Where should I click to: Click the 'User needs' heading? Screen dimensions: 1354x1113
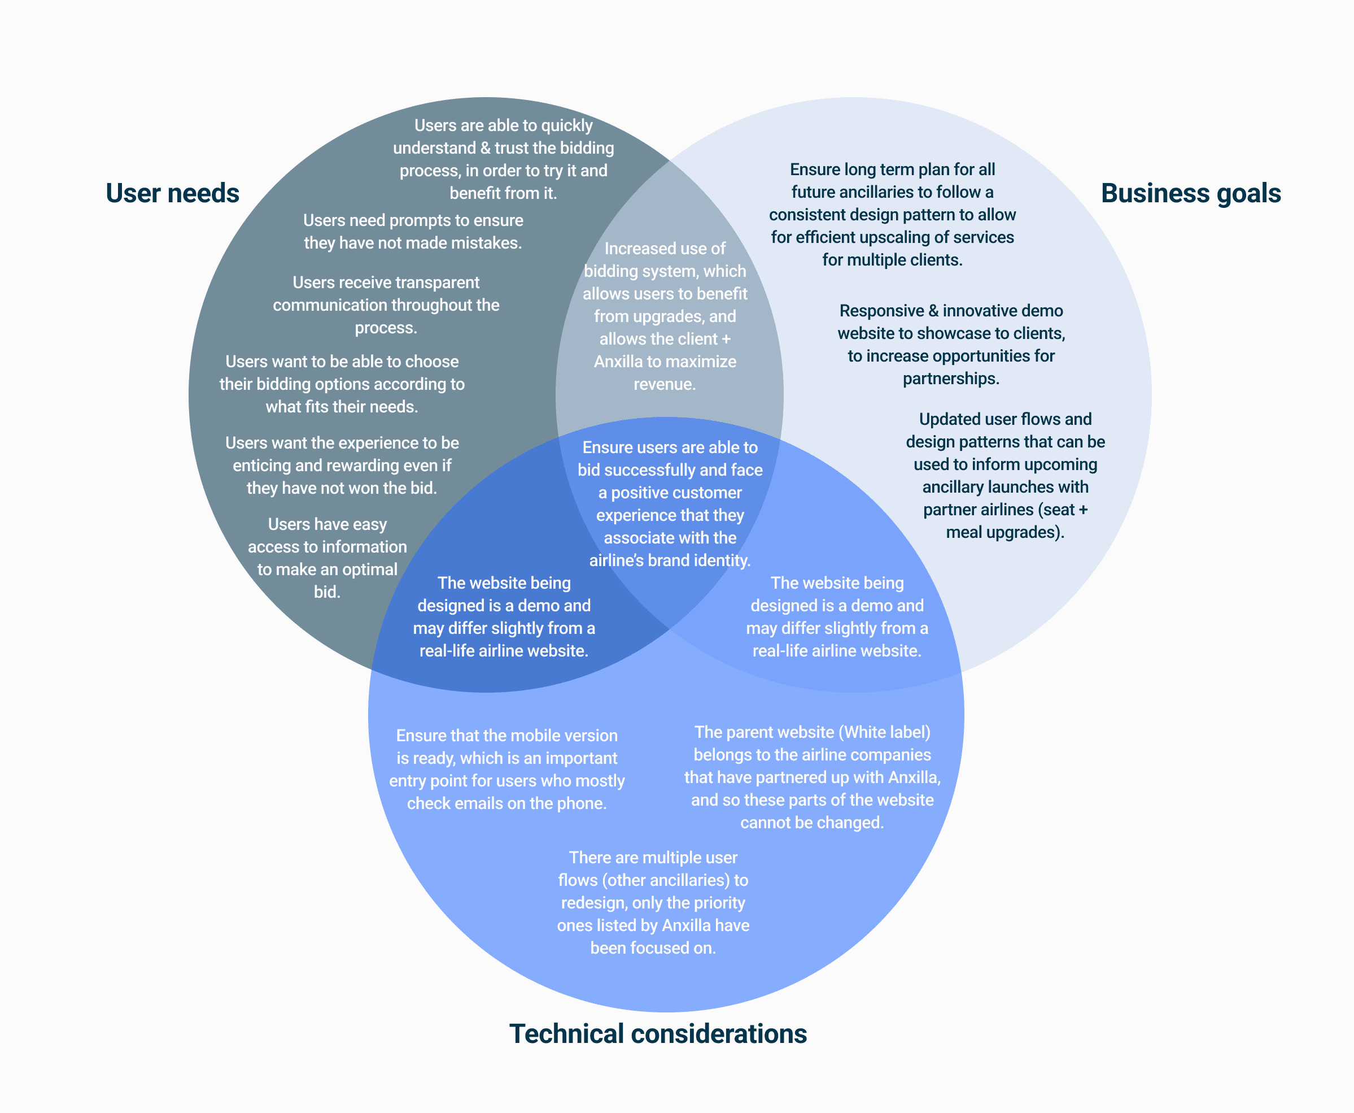[172, 193]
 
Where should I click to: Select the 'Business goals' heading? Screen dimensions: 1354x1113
[1191, 193]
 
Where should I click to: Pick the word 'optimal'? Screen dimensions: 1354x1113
[369, 569]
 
